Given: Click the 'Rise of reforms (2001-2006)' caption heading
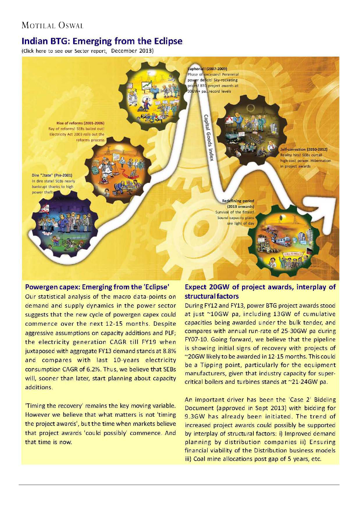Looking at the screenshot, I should [x=81, y=123].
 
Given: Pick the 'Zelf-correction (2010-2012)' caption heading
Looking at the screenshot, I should [x=304, y=149].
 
